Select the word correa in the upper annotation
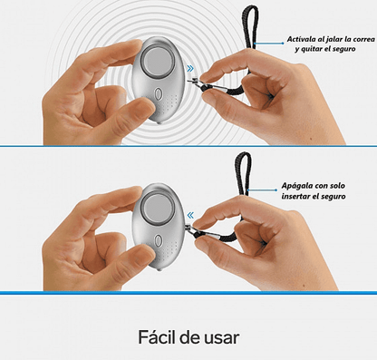[x=363, y=40]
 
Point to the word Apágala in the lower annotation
[x=296, y=186]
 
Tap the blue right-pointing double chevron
[x=190, y=69]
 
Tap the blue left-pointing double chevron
[x=190, y=216]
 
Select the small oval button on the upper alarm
[x=158, y=94]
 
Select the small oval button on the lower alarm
[x=158, y=241]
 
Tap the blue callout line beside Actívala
[x=269, y=44]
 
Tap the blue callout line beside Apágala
[x=262, y=190]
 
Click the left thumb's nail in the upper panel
[x=145, y=106]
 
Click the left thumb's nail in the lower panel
[x=144, y=253]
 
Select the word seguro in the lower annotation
[x=333, y=197]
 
